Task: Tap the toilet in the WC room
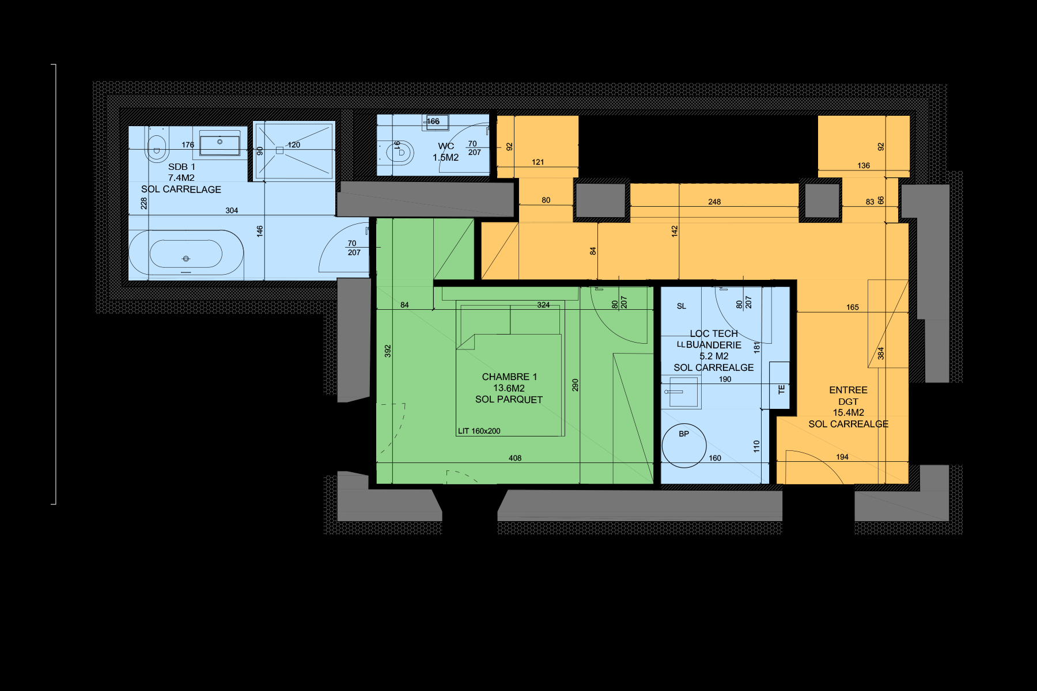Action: coord(399,153)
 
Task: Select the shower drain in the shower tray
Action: coord(279,150)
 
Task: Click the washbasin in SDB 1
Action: coord(219,144)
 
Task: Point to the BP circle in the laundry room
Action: coord(684,445)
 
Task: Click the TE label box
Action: coord(781,390)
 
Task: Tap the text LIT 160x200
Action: coord(479,431)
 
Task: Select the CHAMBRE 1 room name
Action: coord(509,377)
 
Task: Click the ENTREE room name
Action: coord(848,390)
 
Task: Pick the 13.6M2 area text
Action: coord(509,388)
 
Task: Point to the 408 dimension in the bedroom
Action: coord(515,458)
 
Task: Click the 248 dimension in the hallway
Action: coord(714,202)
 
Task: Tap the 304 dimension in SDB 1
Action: coord(232,211)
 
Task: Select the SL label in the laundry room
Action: coord(682,306)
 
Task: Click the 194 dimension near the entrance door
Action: coord(842,457)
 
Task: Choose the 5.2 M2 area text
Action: coord(714,356)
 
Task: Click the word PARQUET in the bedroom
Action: coord(521,400)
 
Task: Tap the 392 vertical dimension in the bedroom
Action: coord(388,351)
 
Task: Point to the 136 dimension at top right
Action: coord(864,166)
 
